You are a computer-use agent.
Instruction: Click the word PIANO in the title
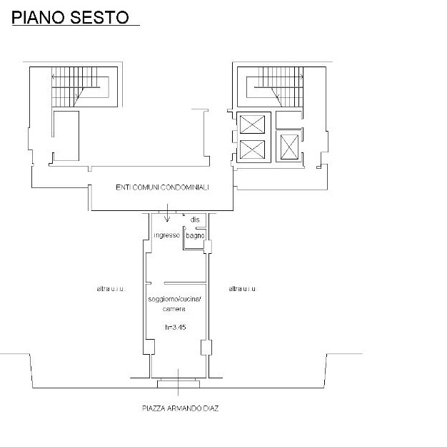coord(39,17)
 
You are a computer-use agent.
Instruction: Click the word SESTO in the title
coord(99,17)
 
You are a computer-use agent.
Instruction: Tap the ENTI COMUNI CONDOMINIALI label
coord(162,187)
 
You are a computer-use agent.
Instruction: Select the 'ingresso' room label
coord(167,235)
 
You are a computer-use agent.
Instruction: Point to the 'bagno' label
coord(195,235)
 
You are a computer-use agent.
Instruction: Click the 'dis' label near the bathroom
coord(195,220)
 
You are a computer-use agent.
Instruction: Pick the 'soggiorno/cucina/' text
coord(174,300)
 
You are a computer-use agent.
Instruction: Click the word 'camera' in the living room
coord(174,309)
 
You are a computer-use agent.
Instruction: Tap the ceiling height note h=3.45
coord(176,327)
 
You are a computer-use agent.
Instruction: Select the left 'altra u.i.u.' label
coord(111,289)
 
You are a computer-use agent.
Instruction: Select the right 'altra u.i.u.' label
coord(243,289)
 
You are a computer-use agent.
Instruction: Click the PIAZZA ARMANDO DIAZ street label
coord(180,408)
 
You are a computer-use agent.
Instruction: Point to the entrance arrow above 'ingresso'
coord(167,213)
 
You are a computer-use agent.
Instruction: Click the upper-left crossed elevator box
coord(252,124)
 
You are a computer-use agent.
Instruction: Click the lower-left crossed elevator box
coord(252,149)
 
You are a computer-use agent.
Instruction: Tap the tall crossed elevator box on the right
coord(289,147)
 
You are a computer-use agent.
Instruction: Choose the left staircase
coord(81,87)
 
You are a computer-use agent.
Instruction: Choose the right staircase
coord(275,87)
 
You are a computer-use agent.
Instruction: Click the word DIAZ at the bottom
coord(211,408)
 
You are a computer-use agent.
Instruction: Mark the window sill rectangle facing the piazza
coord(179,383)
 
